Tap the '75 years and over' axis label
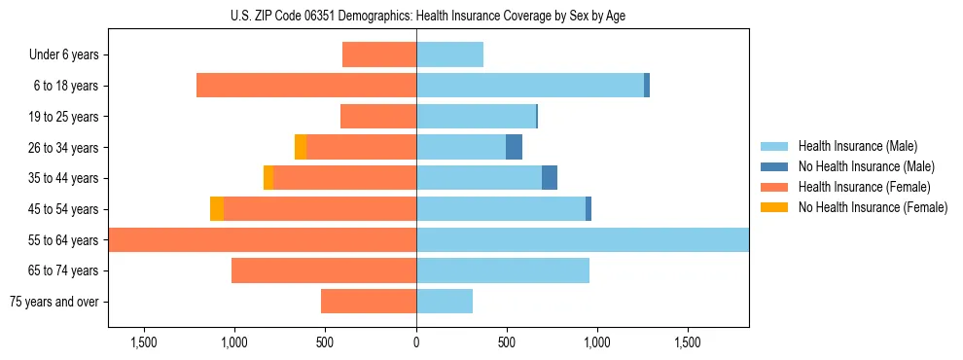pos(54,302)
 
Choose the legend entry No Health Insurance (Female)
pos(873,207)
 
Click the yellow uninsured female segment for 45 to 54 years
pos(216,209)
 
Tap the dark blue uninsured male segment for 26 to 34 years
pos(514,147)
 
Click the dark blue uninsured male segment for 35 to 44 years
pos(550,178)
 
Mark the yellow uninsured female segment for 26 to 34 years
pos(301,147)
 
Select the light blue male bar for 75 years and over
pos(445,302)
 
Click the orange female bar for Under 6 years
pos(379,54)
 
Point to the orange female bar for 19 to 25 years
pos(378,117)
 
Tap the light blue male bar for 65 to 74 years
pos(503,270)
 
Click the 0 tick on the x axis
pos(416,342)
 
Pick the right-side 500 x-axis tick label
pos(506,342)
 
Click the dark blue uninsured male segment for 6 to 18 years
pos(647,86)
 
